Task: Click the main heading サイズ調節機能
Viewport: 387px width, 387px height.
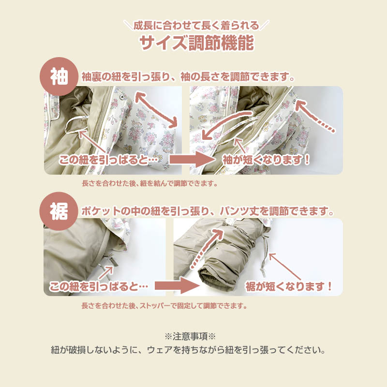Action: coord(197,43)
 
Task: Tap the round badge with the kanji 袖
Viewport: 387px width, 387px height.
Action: coord(59,76)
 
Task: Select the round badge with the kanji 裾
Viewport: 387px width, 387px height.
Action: coord(59,211)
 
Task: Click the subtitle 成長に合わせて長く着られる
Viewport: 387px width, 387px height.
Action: coord(196,26)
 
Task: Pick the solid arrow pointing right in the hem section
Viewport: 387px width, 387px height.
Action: coord(177,286)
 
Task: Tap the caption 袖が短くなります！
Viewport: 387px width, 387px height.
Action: coord(266,160)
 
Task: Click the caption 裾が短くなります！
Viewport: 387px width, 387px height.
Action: coord(288,286)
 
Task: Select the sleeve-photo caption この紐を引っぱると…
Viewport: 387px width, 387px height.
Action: coord(108,160)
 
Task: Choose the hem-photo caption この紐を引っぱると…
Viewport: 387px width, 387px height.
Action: coord(99,286)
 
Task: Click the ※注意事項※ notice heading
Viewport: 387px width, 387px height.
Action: coord(190,336)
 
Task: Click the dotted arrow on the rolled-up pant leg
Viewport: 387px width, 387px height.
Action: coord(206,248)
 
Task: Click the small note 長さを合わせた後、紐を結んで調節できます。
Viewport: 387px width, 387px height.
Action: coord(150,183)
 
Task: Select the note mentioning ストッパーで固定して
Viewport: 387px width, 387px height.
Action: coord(164,306)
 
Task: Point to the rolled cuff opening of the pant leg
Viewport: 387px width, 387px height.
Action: coord(210,278)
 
